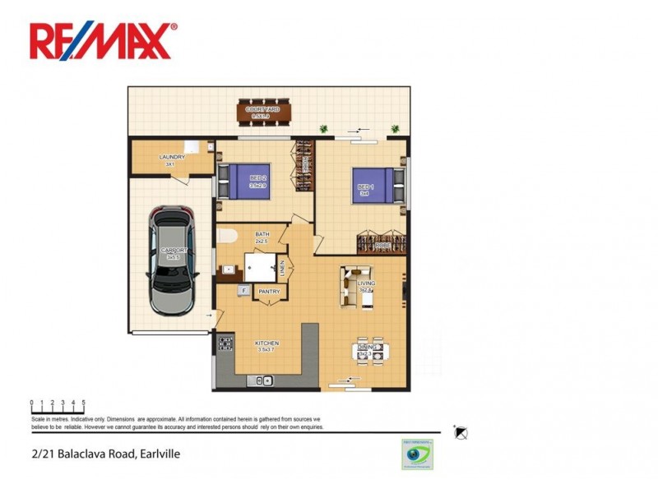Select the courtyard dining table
(265, 113)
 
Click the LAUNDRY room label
(172, 157)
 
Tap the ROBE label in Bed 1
(382, 245)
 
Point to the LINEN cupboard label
(281, 267)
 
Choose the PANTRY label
(269, 292)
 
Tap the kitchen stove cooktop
(223, 344)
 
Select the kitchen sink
(264, 380)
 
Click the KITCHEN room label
(266, 343)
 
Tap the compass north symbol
(461, 431)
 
